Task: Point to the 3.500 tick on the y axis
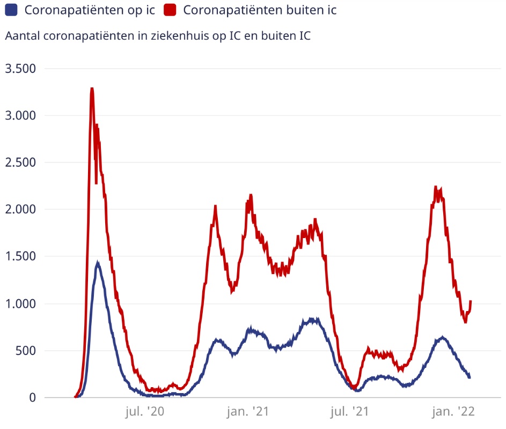pos(20,69)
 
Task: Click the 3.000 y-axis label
pos(20,115)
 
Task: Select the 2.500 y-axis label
pos(20,162)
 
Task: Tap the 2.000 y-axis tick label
pos(20,209)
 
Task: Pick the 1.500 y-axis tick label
pos(20,256)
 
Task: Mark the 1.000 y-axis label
pos(20,304)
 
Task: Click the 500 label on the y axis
pos(25,351)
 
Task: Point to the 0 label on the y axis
pos(32,397)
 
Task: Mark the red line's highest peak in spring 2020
pos(92,89)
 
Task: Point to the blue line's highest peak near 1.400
pos(97,263)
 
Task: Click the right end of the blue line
pos(470,377)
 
